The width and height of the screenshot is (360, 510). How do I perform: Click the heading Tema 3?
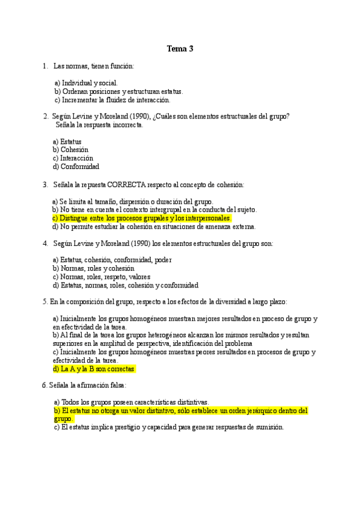pos(180,49)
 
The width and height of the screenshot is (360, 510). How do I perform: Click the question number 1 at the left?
pos(45,66)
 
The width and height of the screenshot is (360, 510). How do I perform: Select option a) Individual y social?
pos(87,83)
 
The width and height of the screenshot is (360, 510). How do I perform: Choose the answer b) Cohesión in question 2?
pos(70,150)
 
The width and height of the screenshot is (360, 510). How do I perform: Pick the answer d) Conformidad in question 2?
pos(76,167)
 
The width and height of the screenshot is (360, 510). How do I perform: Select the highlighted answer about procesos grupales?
pos(142,218)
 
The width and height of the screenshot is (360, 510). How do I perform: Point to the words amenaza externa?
pos(234,227)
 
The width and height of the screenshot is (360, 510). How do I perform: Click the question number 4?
pos(45,244)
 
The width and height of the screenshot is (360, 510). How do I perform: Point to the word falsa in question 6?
pos(115,385)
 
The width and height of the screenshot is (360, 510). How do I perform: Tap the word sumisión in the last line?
pos(268,427)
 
